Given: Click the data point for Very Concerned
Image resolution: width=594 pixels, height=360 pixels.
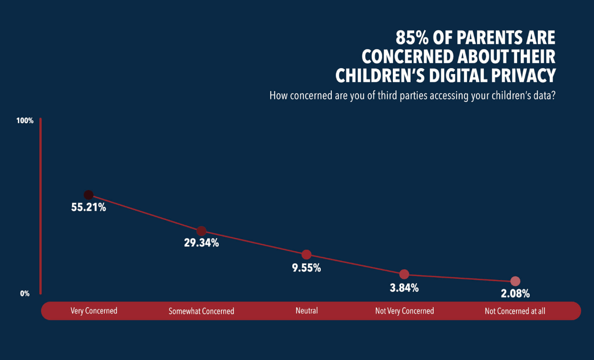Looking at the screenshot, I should [x=89, y=195].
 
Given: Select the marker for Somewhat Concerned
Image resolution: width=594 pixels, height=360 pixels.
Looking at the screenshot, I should [x=202, y=231].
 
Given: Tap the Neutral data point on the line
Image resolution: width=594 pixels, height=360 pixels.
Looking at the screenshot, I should [x=307, y=255].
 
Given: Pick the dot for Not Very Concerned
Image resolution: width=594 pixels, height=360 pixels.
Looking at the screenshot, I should [x=404, y=274].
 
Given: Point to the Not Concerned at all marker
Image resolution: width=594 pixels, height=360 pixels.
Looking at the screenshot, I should [x=515, y=281].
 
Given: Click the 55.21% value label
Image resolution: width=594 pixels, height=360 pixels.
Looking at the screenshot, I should [x=89, y=208].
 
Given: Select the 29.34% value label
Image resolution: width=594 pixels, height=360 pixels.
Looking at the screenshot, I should [x=202, y=243].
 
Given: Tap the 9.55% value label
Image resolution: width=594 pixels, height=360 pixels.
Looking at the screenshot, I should [x=307, y=268].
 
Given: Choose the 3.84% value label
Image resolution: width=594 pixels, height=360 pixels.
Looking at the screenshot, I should [x=404, y=288].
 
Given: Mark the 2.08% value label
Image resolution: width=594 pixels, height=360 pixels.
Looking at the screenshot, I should [x=515, y=294].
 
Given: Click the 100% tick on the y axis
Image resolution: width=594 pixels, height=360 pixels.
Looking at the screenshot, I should [x=25, y=121].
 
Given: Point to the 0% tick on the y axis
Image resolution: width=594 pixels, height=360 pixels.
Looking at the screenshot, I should [x=25, y=293].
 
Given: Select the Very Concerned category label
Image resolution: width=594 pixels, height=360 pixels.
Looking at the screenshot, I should [x=94, y=311].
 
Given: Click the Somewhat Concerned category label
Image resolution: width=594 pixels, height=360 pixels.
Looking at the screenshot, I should [x=202, y=311].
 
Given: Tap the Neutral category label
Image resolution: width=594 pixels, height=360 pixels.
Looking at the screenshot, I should [x=307, y=311].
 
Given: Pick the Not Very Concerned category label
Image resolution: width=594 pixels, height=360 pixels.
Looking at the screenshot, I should [x=405, y=311].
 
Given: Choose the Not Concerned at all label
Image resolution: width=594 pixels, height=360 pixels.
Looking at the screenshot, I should [x=515, y=311].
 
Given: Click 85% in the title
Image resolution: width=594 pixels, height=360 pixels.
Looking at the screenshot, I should [x=412, y=38].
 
